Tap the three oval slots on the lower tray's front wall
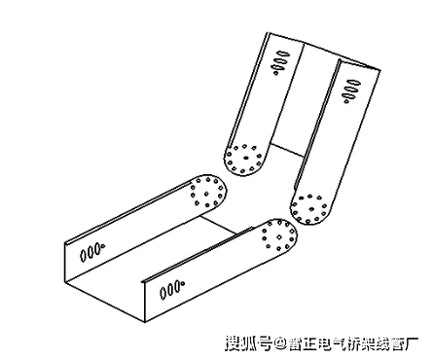point(173,286)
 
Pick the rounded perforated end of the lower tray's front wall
point(280,234)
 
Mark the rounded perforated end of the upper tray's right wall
point(311,205)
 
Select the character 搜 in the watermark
point(234,343)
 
